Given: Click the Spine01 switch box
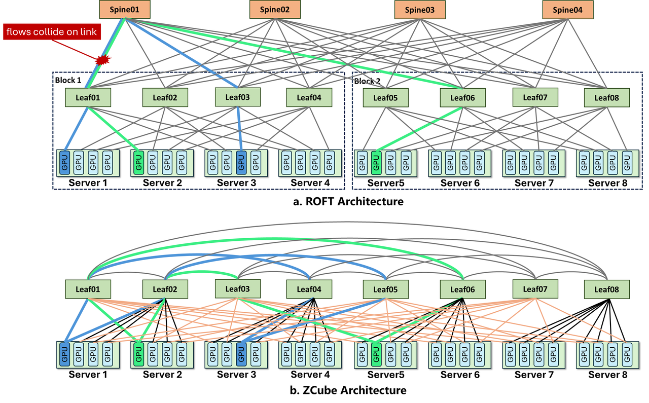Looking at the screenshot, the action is coord(125,9).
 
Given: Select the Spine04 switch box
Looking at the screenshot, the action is coord(567,10).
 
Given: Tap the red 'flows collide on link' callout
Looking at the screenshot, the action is coord(52,31).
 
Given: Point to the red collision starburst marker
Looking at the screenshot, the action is coord(103,60).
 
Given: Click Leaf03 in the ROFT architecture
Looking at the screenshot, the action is coord(238,97).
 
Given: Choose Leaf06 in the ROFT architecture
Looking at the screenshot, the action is coord(462,98).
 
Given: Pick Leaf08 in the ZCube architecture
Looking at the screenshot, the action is coord(607,289).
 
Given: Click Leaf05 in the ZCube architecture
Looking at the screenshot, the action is coord(386,289).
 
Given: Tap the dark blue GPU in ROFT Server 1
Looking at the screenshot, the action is coord(64,163).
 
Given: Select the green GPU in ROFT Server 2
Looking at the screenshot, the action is coord(139,163).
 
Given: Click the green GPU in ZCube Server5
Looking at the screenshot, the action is coord(376,355).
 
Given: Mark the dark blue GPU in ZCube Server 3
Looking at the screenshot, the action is coord(241,354).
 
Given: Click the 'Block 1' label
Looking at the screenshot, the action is coord(68,80).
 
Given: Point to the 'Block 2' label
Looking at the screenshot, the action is coord(367,81).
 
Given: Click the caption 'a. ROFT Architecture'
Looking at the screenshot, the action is coord(348,201).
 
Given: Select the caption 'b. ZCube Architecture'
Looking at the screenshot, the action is coord(348,390).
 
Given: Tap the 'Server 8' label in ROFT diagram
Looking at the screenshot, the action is coord(607,183).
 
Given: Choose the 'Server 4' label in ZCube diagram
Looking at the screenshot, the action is coord(310,375).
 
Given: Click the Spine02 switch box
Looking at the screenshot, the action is coord(275,9).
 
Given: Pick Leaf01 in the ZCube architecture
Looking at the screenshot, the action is coord(88,289).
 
